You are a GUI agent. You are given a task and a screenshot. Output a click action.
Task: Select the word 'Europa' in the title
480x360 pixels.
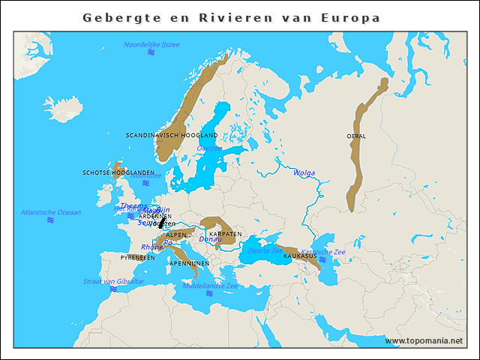pos(351,17)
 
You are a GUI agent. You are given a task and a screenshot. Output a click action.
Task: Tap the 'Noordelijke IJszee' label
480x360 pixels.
pos(151,45)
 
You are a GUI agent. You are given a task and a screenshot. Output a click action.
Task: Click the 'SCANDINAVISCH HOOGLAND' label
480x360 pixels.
pos(172,135)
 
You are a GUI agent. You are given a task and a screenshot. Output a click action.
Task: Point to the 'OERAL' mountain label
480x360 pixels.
pos(356,136)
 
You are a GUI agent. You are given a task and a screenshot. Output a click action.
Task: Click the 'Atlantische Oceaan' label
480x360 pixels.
pos(51,212)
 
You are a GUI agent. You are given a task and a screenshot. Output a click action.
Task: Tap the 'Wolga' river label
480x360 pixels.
pos(304,172)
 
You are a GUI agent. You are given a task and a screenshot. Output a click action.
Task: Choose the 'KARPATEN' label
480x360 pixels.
pos(225,234)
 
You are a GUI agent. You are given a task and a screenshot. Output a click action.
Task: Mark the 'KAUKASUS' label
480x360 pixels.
pos(299,256)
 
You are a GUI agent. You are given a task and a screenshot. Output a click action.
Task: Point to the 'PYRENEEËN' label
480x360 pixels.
pos(138,257)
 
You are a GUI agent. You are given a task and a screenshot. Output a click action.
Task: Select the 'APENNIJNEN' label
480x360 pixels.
pos(189,263)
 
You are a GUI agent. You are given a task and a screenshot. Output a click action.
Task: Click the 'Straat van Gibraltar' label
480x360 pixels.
pos(113,281)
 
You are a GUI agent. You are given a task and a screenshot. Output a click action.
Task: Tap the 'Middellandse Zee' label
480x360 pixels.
pos(211,286)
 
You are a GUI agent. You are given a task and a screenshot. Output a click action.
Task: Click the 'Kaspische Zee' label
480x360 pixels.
pos(323,251)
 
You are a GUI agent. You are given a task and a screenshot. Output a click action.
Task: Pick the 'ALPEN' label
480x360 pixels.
pos(176,235)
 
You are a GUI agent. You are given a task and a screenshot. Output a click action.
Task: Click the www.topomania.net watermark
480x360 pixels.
pos(424,340)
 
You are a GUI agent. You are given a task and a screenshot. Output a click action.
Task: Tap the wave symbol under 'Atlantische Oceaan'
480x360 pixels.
pos(51,220)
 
